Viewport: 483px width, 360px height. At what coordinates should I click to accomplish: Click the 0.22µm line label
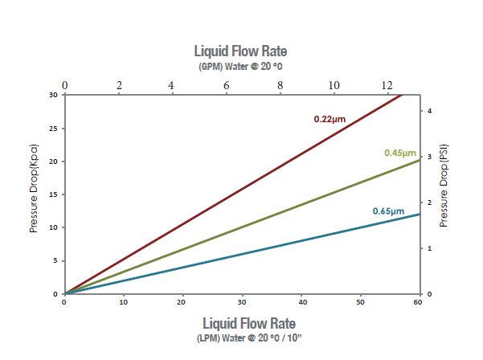(x=330, y=119)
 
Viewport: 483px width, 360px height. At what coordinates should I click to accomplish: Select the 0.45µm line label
(x=400, y=153)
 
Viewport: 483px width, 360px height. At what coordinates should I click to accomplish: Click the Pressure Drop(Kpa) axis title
(x=34, y=194)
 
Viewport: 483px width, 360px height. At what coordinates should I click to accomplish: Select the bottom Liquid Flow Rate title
(x=241, y=322)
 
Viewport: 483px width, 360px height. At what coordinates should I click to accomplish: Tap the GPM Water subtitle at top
(x=241, y=67)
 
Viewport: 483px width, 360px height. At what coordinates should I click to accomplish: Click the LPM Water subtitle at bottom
(x=241, y=337)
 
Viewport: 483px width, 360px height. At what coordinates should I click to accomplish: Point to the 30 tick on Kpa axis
(x=54, y=95)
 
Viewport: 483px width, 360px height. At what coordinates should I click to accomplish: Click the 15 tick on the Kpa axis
(x=54, y=194)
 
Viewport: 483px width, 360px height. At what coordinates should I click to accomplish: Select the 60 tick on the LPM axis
(x=417, y=302)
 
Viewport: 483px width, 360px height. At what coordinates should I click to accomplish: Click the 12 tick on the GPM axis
(x=387, y=85)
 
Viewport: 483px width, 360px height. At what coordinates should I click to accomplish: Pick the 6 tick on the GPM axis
(x=226, y=85)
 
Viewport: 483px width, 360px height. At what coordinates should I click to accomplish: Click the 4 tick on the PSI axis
(x=429, y=110)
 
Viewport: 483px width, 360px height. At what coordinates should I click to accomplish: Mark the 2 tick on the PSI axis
(x=429, y=202)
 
